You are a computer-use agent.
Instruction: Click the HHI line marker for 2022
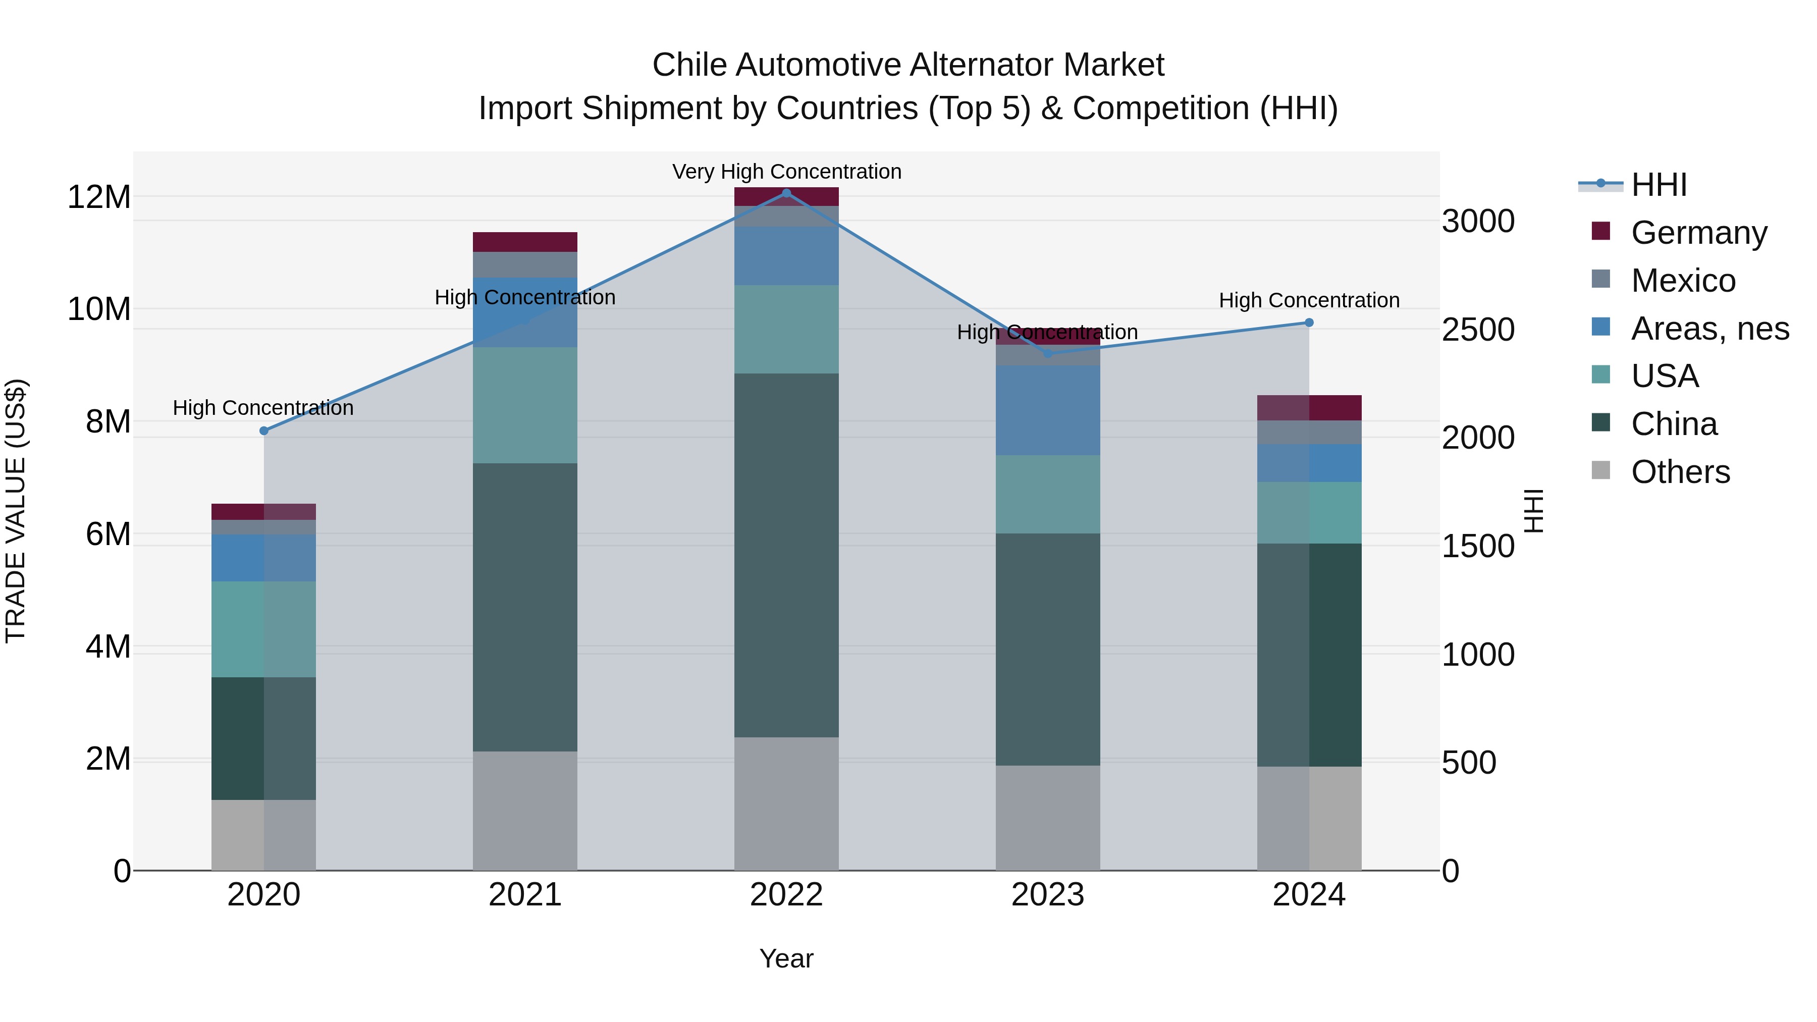786,193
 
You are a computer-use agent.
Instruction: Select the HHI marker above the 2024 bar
1309,322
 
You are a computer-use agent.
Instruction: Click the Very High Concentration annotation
786,172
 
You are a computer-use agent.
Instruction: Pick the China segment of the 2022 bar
786,555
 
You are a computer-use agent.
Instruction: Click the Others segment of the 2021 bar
525,811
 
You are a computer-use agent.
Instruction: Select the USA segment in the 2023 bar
1047,494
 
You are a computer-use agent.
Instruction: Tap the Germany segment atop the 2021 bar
525,242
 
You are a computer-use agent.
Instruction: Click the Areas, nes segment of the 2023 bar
1047,410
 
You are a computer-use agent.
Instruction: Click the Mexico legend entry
1683,281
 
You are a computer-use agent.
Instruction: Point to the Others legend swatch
1601,470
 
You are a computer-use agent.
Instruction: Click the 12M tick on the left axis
99,197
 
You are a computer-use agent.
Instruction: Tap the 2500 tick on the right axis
1478,330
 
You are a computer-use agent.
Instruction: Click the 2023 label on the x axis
1047,895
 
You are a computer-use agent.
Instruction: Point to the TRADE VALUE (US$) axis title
16,511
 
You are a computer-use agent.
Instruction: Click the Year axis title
786,958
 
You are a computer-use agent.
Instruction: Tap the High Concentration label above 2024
1309,300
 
